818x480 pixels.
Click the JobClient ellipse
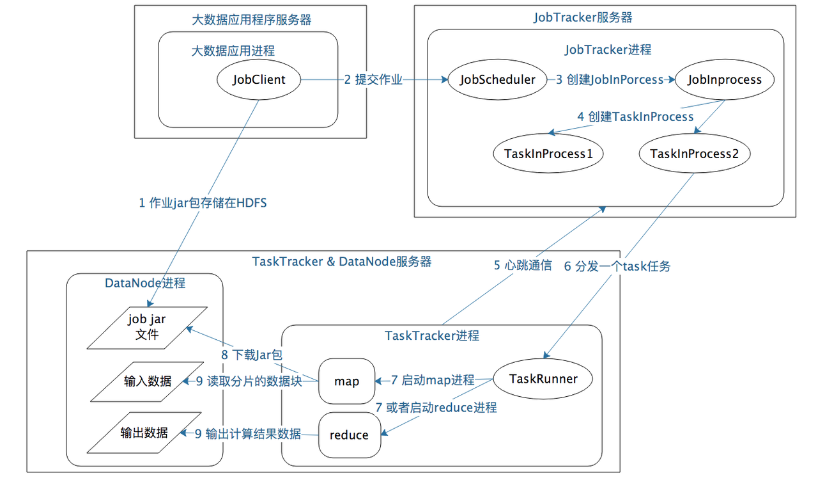[259, 79]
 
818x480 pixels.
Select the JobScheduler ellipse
[497, 79]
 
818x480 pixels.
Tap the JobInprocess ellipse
[725, 79]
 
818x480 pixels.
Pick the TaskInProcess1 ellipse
[548, 154]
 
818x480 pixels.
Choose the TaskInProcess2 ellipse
[695, 154]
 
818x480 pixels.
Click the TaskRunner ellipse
[543, 379]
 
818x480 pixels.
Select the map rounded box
[346, 381]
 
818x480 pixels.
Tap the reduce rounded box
[350, 435]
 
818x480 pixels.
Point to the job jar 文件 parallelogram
[147, 328]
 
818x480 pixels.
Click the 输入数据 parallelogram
[147, 381]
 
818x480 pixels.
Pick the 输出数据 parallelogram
[144, 433]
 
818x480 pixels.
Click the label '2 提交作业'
[373, 79]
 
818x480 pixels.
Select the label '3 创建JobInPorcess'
[610, 79]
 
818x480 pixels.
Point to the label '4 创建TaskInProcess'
[635, 116]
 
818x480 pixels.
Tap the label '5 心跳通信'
[523, 265]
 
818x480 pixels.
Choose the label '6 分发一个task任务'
[617, 266]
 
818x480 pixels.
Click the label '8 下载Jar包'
[252, 355]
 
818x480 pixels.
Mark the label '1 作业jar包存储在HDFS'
[203, 203]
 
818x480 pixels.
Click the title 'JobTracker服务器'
[583, 17]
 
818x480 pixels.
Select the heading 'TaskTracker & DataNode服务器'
[342, 262]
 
